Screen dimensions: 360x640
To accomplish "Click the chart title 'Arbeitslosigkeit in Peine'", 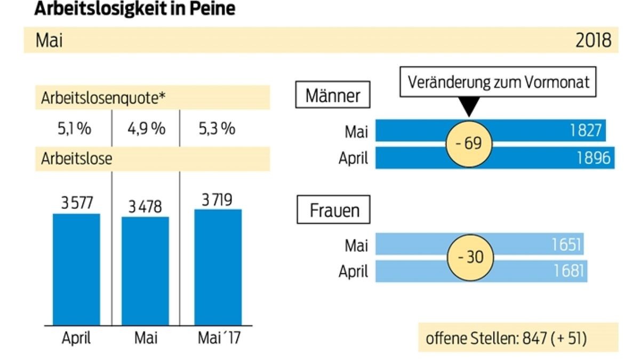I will click(x=134, y=9).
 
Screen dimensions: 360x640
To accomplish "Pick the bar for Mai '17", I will click(x=218, y=266).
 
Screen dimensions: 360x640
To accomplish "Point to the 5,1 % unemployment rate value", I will click(x=73, y=130).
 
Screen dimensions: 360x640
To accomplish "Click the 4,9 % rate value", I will click(x=146, y=130).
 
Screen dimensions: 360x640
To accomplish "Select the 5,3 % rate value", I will click(x=217, y=130).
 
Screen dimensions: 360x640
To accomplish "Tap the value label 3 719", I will click(x=218, y=201).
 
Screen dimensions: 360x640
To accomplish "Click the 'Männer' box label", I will click(x=333, y=97).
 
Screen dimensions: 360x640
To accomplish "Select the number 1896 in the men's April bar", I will click(x=593, y=158).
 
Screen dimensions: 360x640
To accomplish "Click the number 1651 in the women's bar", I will click(x=565, y=244).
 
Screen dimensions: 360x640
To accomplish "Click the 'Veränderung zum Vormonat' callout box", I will click(x=498, y=83).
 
